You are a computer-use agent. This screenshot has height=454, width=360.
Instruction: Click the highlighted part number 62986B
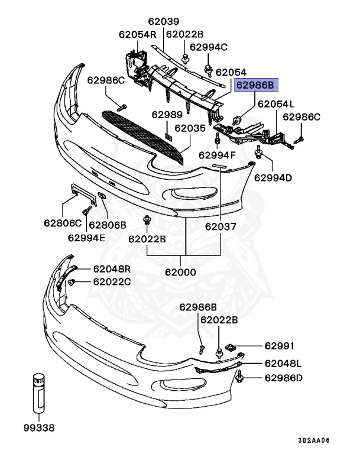[255, 85]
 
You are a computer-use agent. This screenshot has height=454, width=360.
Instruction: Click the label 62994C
[207, 47]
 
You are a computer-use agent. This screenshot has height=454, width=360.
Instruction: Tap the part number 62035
[190, 127]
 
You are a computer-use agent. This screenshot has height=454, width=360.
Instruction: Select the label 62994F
[217, 155]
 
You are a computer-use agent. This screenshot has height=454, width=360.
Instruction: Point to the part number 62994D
[273, 177]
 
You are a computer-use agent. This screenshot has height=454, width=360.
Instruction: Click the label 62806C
[62, 224]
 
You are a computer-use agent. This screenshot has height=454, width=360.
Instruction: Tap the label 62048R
[112, 268]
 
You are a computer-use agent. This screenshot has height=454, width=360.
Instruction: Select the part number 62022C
[112, 282]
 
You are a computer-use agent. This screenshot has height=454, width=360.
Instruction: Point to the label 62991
[279, 346]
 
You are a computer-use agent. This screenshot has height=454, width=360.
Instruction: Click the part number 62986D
[283, 378]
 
